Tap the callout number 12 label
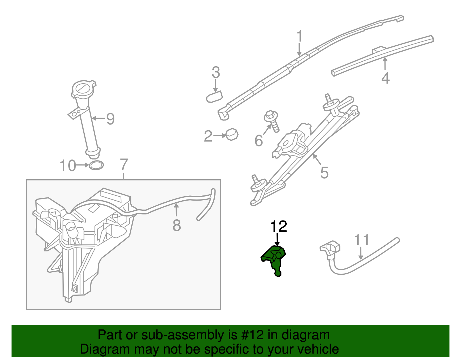pyautogui.click(x=278, y=227)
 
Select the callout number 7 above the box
pyautogui.click(x=124, y=165)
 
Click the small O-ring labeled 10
pyautogui.click(x=96, y=165)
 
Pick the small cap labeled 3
pyautogui.click(x=214, y=96)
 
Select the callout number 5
pyautogui.click(x=324, y=173)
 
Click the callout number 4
pyautogui.click(x=386, y=78)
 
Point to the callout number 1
pyautogui.click(x=300, y=37)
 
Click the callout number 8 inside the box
pyautogui.click(x=177, y=225)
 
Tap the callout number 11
pyautogui.click(x=361, y=240)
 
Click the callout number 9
pyautogui.click(x=110, y=119)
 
